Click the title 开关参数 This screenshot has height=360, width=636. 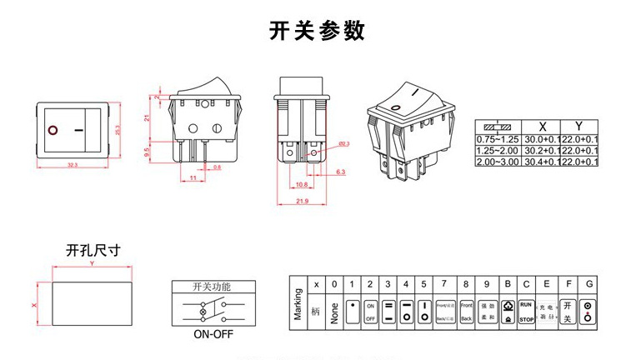tap(317, 31)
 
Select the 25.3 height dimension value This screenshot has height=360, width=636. tap(118, 130)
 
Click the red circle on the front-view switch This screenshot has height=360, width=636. tap(54, 131)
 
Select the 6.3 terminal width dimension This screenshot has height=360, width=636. tap(340, 172)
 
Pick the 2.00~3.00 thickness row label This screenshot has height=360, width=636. tap(497, 161)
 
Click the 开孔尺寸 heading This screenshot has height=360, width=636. tap(93, 249)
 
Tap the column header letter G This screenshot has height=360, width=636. tap(589, 284)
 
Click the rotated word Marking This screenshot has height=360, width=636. tap(298, 303)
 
